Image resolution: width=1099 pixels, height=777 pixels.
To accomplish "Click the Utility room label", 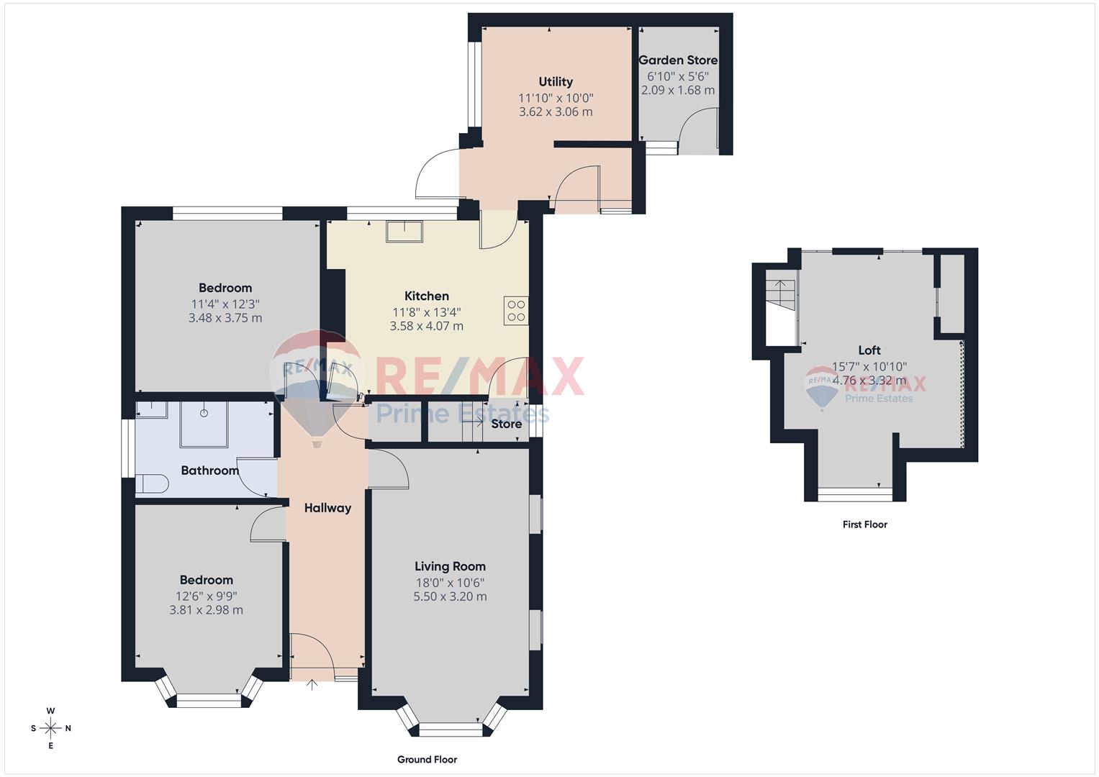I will coord(556,81).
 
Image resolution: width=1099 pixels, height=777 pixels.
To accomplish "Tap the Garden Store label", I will coord(678,60).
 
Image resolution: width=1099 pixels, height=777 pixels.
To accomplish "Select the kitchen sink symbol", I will coord(404,231).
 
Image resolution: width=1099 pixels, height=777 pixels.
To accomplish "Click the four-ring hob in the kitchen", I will coord(517,310).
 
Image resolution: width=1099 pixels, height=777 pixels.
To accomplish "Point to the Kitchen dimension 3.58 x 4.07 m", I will coord(426,326).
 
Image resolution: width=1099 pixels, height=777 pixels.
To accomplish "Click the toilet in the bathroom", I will coord(152,483).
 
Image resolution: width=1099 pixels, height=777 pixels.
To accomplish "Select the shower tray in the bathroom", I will coord(204,424).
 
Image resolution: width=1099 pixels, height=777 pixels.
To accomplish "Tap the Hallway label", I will coord(327,508).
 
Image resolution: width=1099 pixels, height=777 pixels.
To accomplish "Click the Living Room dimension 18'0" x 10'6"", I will coord(450,582).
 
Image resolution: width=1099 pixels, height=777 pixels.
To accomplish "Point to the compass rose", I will coord(51,728).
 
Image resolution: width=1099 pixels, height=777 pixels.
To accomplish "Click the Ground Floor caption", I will coord(427,760).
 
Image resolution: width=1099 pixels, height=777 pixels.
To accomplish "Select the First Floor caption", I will coord(864,524).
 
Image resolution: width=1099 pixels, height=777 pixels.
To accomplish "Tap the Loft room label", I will coord(869,350).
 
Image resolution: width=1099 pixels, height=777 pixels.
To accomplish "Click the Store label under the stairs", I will coord(507,424).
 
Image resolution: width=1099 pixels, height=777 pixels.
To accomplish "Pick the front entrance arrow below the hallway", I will coord(312,684).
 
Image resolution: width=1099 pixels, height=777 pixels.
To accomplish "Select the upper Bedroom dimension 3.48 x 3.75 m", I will coord(225,318).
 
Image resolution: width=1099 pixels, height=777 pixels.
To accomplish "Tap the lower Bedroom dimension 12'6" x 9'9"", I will coord(206,596).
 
